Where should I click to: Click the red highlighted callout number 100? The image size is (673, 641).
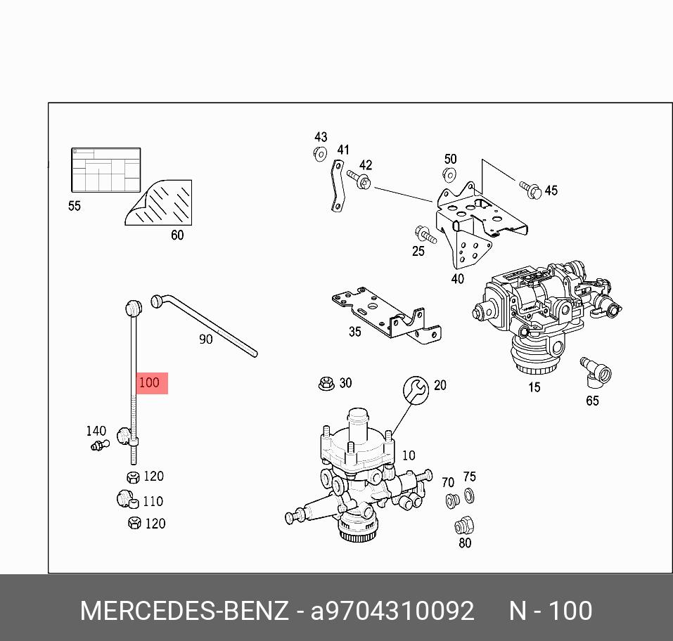pos(150,383)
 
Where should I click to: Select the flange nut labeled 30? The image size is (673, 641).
pos(325,384)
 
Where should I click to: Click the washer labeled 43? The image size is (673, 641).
pos(320,153)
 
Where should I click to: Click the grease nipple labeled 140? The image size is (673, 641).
pos(100,444)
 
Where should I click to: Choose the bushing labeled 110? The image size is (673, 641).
pos(125,500)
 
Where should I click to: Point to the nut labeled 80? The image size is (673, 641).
pos(463,525)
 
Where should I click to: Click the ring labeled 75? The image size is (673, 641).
pos(470,498)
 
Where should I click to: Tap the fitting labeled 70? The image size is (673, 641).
pos(452,501)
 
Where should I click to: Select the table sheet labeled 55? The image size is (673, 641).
pos(106,170)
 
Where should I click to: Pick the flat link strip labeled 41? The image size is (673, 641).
pos(337,186)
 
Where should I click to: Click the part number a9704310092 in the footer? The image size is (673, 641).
pos(392,611)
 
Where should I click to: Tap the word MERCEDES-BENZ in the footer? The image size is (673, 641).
pos(184,611)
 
